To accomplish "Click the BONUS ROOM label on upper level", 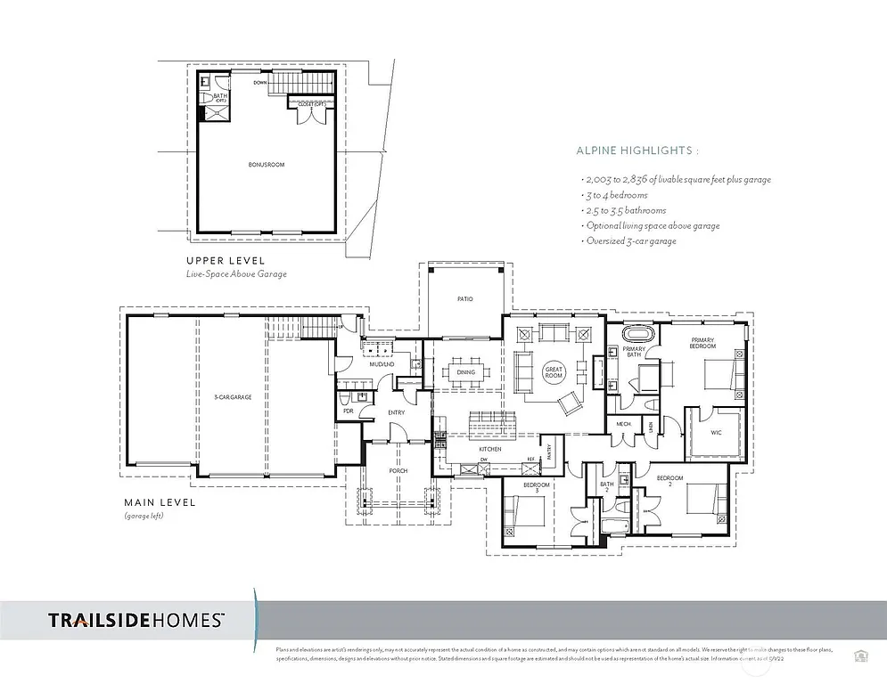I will click(267, 166).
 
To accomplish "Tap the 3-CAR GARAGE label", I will click(233, 396).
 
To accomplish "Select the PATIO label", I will click(464, 299).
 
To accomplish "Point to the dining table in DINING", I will click(464, 372).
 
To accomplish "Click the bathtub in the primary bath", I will click(637, 335).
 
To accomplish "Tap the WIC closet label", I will click(716, 433).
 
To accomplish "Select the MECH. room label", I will click(624, 425).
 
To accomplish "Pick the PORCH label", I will click(398, 471).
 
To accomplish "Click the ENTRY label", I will click(397, 412).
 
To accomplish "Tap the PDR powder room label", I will click(348, 411).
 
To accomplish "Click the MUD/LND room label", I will click(382, 364).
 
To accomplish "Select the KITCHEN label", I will click(489, 449).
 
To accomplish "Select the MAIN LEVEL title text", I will click(160, 502).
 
